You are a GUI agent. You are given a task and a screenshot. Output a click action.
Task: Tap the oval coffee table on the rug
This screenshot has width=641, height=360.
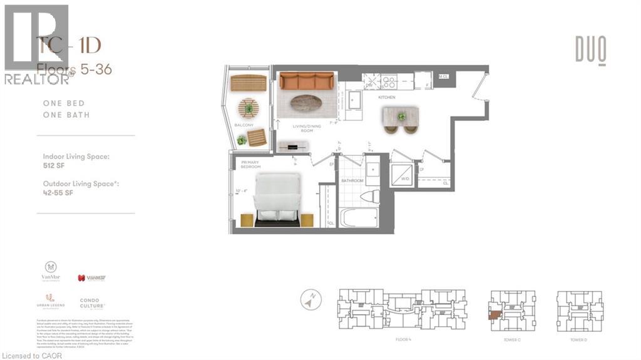[306, 103]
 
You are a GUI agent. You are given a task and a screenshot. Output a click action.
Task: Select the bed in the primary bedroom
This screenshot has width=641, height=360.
[276, 197]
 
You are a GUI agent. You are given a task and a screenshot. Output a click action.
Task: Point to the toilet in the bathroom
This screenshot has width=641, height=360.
[369, 196]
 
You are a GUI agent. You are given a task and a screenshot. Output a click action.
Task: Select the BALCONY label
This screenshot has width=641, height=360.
[245, 125]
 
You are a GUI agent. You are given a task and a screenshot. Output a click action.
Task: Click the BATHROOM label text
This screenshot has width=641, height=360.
[352, 181]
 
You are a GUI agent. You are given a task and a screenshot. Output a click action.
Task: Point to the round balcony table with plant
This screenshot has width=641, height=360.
[249, 109]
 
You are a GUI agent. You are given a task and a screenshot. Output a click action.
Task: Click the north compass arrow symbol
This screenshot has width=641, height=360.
[307, 301]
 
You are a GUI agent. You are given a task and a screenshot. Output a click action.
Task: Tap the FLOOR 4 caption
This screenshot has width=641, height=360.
[403, 339]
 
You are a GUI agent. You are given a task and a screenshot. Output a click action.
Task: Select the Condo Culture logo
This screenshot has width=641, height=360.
[92, 303]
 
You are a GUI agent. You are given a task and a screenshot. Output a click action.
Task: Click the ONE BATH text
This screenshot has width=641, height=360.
[66, 115]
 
